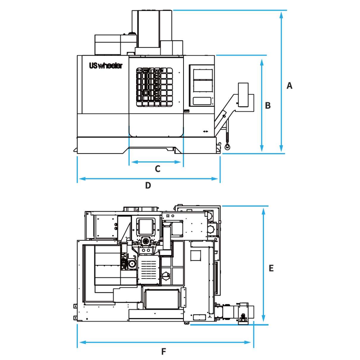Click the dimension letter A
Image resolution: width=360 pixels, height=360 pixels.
coord(289,86)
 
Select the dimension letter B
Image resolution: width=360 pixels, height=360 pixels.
coord(268,106)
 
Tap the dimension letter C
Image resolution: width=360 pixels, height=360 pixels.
coord(158,169)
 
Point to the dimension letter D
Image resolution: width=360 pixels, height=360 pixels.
coord(148,185)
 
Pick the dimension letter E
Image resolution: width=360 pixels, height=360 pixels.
coord(271,268)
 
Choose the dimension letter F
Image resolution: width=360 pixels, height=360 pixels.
coord(164,352)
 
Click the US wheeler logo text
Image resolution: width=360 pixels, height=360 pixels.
coord(106,66)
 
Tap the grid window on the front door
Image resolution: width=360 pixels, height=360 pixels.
coord(154,87)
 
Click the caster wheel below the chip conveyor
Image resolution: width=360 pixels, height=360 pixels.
coord(227,147)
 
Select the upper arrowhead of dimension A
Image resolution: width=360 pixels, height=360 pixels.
coord(281,15)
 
